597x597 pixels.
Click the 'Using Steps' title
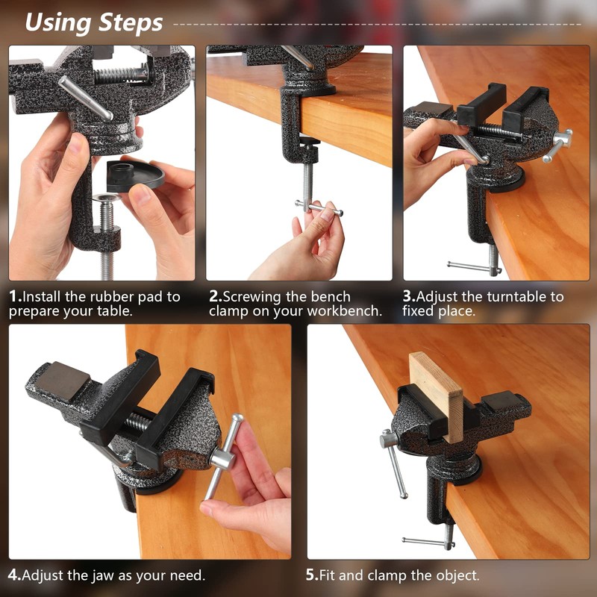click(x=93, y=22)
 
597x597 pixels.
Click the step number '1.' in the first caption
click(x=16, y=296)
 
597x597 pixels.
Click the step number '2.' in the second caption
click(x=216, y=296)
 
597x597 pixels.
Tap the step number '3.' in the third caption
click(x=409, y=296)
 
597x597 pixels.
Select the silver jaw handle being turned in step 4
click(x=223, y=455)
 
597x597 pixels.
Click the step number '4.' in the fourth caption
click(x=15, y=575)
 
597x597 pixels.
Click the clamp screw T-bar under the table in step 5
click(x=428, y=541)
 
